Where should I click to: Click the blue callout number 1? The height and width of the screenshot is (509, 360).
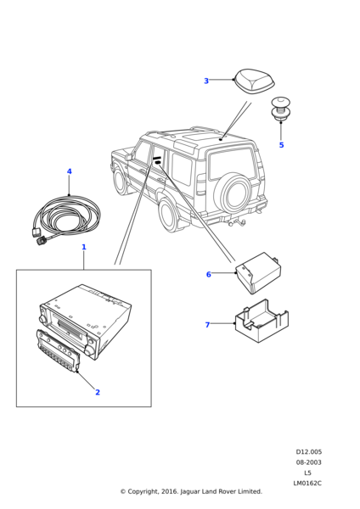point(84,247)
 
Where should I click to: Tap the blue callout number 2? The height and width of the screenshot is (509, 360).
point(98,392)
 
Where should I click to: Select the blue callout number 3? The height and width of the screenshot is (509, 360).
point(206,81)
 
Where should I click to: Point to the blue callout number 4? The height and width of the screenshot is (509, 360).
point(70,171)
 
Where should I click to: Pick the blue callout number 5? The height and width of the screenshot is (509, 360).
point(281,145)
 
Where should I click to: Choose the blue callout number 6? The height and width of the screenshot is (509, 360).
point(209,274)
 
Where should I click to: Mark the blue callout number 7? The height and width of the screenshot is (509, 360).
point(207,325)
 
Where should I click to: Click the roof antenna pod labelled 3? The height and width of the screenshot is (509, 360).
point(255,81)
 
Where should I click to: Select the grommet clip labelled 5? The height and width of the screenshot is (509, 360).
point(280,109)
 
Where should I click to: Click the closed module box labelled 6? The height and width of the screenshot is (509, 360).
point(259,272)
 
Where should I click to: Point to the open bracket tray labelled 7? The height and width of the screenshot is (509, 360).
point(262,322)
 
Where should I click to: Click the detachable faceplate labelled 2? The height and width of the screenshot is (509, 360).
point(58,350)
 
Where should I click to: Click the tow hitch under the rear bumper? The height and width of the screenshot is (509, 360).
point(237,222)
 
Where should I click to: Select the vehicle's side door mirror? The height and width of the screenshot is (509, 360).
point(130,156)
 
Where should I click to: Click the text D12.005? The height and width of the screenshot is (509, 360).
point(309,452)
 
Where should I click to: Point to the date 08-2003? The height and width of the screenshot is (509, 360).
point(308,462)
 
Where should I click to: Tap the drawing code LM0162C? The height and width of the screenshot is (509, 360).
point(307,483)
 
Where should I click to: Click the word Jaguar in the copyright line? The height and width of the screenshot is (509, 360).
point(190,492)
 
